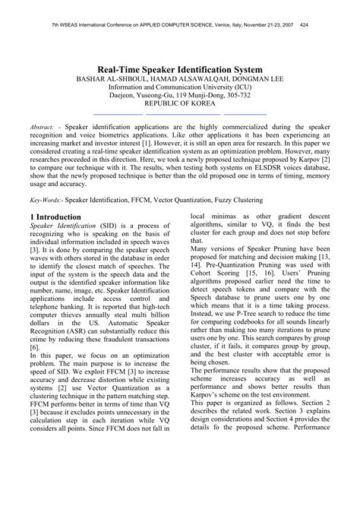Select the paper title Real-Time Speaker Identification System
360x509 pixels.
[180, 69]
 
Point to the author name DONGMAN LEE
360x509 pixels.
[248, 80]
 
